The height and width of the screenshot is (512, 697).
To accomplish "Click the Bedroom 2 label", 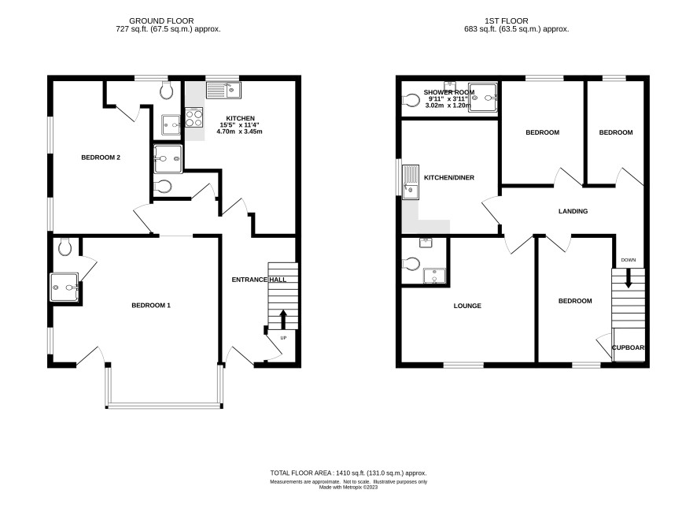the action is (x=101, y=158).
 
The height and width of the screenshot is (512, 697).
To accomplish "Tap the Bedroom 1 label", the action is (x=151, y=306).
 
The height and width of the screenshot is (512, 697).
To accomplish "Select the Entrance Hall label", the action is (x=259, y=280).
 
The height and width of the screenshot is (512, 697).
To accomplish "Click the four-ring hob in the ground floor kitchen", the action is (x=194, y=117).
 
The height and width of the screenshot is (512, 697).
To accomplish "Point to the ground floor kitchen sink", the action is (x=223, y=91).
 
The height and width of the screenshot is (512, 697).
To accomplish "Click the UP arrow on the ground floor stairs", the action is (x=282, y=319).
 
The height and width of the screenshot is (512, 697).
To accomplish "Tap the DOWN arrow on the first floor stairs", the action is (x=628, y=278).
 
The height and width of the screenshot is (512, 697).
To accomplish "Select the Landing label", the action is (x=573, y=211).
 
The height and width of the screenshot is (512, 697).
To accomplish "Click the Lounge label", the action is (x=467, y=306).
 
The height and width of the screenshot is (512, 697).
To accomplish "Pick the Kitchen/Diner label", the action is (x=449, y=178).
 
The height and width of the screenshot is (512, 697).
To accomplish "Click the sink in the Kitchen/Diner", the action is (x=411, y=182).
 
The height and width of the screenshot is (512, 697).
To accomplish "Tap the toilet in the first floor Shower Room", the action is (x=411, y=100).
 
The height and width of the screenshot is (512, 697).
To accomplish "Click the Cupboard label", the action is (x=629, y=347).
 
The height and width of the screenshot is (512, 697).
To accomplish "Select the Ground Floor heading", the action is (x=161, y=21).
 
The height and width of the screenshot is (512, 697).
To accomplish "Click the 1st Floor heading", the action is (x=507, y=21).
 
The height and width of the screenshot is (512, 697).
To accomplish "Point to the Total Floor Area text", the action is (x=348, y=473).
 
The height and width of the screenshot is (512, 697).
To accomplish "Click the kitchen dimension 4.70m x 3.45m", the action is (x=239, y=132).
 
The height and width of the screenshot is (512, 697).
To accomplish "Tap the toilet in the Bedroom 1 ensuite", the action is (x=65, y=247).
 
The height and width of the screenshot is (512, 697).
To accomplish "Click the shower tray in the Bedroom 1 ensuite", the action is (x=65, y=288).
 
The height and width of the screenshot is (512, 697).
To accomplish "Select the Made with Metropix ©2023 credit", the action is (x=348, y=487).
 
